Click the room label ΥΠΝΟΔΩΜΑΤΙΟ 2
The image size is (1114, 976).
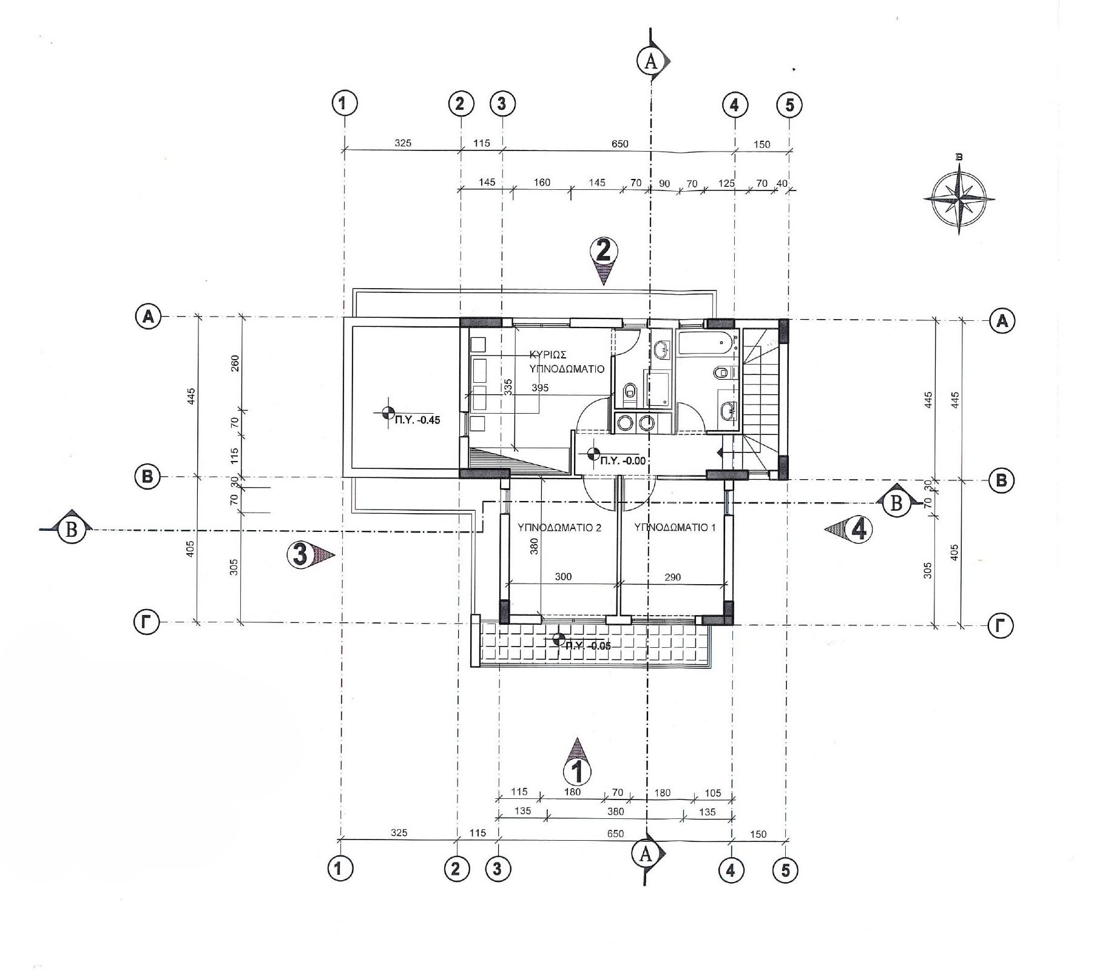[559, 528]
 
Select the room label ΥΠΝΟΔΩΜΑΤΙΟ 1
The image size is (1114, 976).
[675, 528]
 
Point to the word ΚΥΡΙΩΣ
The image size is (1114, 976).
[548, 355]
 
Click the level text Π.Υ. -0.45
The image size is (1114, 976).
[417, 420]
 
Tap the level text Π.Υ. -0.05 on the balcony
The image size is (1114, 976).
[588, 646]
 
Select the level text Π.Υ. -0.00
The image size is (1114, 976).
[623, 461]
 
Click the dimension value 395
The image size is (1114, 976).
[539, 388]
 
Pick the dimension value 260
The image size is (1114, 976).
[235, 363]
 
